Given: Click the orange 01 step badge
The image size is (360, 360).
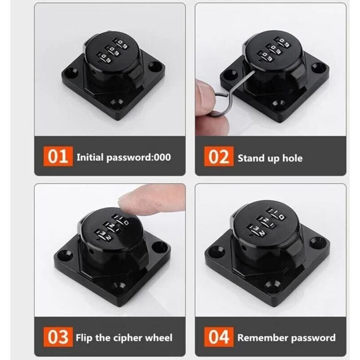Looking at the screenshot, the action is pyautogui.click(x=58, y=156).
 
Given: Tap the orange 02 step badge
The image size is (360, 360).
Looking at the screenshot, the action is pyautogui.click(x=219, y=156).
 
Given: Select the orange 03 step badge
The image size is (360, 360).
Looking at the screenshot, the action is pyautogui.click(x=58, y=337).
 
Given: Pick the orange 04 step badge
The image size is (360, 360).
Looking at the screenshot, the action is pyautogui.click(x=219, y=337).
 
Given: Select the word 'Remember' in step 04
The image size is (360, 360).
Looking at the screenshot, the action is pyautogui.click(x=258, y=338).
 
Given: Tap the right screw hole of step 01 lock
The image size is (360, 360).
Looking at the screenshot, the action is pyautogui.click(x=154, y=66).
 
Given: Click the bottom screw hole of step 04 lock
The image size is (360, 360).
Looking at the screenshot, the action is pyautogui.click(x=271, y=285).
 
